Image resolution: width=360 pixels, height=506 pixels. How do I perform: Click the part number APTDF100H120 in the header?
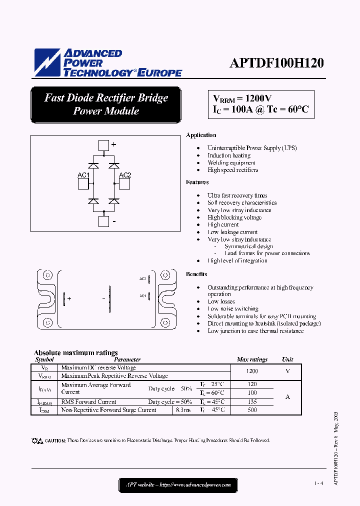[x=276, y=63]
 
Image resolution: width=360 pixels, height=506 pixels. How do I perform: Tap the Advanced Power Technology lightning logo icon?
[x=46, y=62]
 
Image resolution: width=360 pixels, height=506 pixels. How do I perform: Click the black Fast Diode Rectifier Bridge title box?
[x=105, y=104]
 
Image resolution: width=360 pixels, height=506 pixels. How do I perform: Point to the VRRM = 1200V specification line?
[x=242, y=98]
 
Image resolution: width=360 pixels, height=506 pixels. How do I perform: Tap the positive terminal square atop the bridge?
[x=103, y=145]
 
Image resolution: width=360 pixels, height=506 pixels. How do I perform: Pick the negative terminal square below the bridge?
[x=103, y=221]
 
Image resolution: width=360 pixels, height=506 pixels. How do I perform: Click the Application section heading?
[x=201, y=135]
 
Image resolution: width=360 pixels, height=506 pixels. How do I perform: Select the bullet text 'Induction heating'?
[x=229, y=155]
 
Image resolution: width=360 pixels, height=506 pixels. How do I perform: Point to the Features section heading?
[x=197, y=182]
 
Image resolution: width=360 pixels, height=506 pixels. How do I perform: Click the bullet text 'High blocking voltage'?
[x=234, y=217]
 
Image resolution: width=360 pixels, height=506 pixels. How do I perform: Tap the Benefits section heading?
[x=196, y=274]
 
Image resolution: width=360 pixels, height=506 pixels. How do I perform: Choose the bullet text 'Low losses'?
[x=221, y=301]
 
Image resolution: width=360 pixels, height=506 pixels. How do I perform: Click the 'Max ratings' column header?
[x=252, y=359]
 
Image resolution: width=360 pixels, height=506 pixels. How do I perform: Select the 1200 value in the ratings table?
[x=252, y=371]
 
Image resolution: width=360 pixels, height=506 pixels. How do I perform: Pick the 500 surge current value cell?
[x=252, y=410]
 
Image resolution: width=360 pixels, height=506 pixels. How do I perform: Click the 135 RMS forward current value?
[x=252, y=401]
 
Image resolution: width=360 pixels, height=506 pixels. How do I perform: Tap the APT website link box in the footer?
[x=178, y=484]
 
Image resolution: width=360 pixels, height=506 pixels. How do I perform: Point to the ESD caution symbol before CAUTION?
[x=37, y=440]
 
